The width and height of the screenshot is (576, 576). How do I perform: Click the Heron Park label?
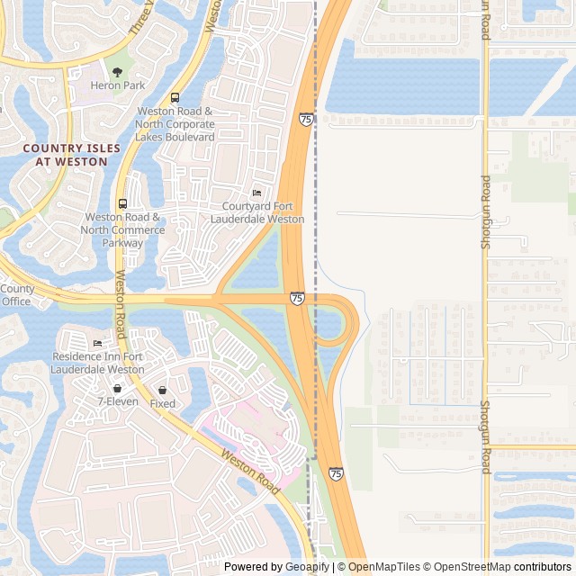[117, 85]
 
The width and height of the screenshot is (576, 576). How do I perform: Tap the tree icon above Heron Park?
[117, 71]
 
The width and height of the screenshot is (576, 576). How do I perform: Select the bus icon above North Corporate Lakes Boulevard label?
[175, 97]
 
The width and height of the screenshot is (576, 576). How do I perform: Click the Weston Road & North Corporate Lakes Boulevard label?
[175, 124]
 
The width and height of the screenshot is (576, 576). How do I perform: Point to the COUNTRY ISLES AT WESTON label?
[65, 155]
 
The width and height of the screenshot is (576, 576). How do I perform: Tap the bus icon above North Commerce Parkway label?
[122, 203]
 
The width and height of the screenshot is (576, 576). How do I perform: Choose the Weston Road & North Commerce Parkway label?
[123, 229]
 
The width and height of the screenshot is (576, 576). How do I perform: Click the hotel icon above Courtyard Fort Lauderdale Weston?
[256, 193]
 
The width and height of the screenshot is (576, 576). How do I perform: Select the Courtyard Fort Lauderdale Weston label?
[256, 212]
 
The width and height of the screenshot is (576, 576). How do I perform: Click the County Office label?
[16, 295]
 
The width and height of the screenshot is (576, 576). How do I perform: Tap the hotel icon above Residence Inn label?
[97, 344]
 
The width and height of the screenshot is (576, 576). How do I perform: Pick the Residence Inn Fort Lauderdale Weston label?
[98, 363]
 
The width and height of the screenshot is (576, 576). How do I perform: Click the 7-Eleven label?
[118, 401]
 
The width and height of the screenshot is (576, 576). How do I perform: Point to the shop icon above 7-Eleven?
[118, 388]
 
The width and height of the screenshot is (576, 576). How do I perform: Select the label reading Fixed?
[163, 404]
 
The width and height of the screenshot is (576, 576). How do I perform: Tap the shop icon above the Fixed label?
[163, 391]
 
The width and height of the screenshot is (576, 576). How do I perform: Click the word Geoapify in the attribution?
[308, 567]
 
